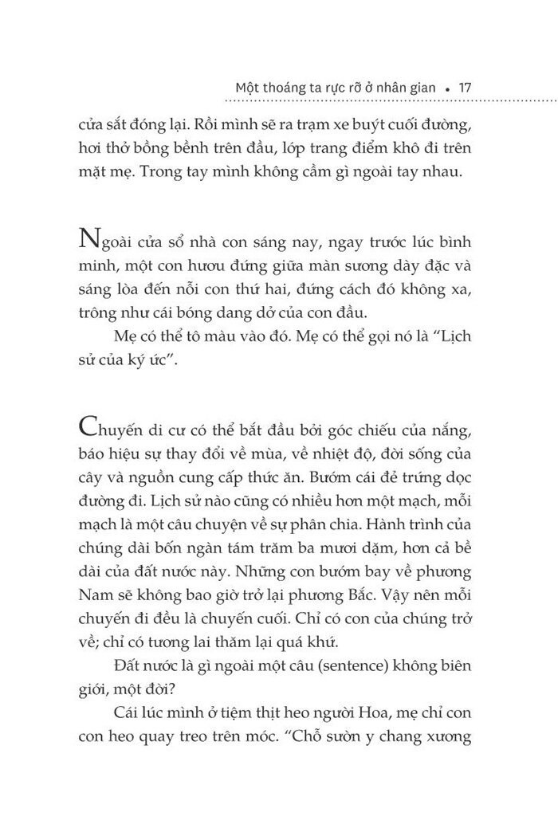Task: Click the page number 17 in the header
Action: tap(467, 88)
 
